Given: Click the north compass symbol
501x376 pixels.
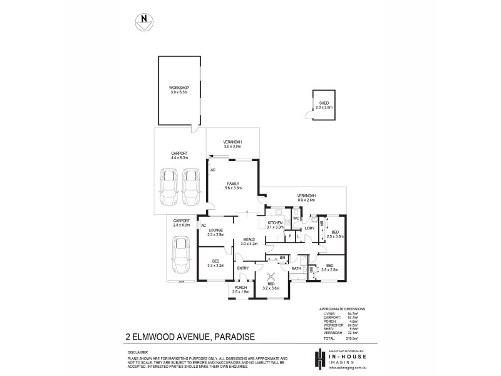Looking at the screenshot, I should [145, 21].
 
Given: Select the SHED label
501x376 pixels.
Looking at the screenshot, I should [323, 103].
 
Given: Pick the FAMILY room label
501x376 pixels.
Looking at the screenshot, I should [233, 183].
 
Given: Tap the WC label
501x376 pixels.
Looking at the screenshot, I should [296, 218].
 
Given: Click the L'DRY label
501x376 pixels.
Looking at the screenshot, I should [309, 228].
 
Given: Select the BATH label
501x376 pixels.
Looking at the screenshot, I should [296, 269].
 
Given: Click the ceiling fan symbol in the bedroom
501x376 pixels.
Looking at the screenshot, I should [272, 277].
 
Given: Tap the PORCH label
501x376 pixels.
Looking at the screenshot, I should [240, 288].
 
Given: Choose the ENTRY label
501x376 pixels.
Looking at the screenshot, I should [243, 269].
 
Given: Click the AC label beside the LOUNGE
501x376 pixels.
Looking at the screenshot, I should [204, 225].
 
